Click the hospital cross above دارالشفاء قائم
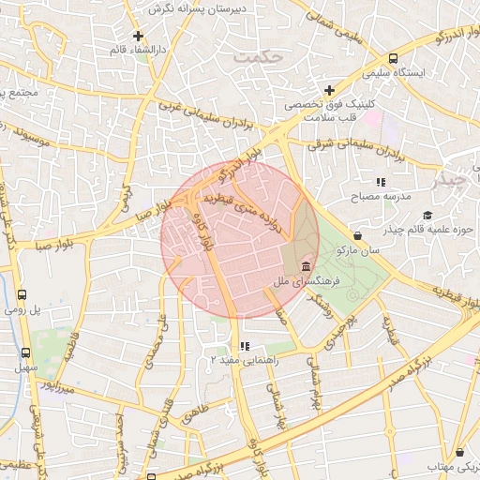[x=139, y=36]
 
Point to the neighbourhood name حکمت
[x=259, y=57]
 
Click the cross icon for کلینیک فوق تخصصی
[x=329, y=90]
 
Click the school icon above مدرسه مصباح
[x=381, y=182]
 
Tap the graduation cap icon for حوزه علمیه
[x=427, y=215]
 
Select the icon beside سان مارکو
[x=357, y=235]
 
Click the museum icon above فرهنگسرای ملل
[x=307, y=268]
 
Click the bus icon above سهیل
[x=25, y=353]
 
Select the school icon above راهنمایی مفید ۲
[x=244, y=346]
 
